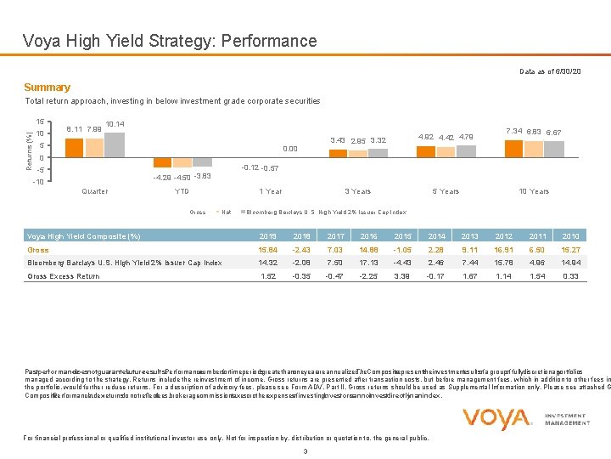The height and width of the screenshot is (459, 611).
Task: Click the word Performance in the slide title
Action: (266, 41)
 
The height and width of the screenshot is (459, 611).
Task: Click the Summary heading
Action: (47, 88)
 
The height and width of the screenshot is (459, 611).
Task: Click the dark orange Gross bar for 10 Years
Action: (513, 149)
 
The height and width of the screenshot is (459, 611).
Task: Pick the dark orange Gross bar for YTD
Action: (161, 163)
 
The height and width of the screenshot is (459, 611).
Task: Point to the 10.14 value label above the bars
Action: (114, 124)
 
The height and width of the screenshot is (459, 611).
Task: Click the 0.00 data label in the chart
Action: (290, 146)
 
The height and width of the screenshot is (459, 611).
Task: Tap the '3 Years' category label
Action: (357, 191)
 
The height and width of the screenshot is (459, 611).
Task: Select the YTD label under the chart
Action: (181, 191)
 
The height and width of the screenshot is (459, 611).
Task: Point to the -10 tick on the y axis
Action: (36, 182)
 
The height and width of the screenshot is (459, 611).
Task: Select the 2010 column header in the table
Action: (570, 235)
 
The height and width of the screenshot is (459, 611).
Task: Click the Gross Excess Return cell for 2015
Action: (401, 276)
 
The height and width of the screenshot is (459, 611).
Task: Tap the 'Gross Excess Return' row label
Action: (64, 276)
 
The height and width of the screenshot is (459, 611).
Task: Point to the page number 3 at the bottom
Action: (305, 450)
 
